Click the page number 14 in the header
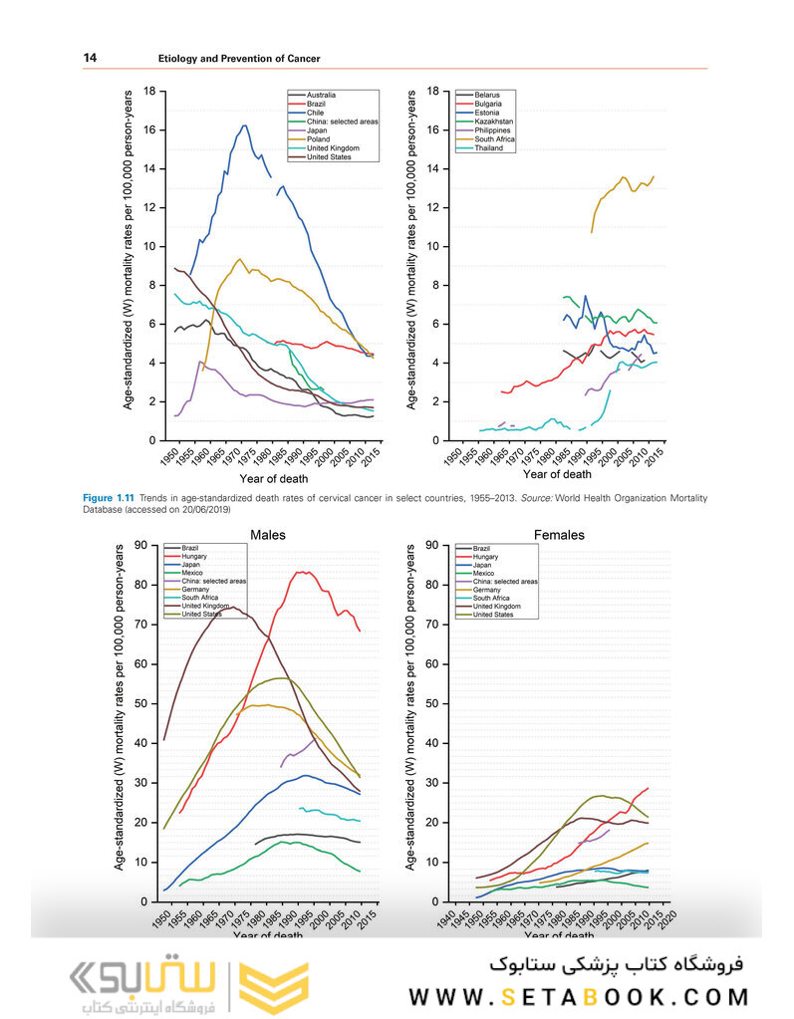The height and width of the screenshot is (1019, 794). [89, 59]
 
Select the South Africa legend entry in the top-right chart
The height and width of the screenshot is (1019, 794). [495, 139]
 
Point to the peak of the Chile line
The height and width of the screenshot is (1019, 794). [244, 126]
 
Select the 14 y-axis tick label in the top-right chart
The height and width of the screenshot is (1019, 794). [432, 169]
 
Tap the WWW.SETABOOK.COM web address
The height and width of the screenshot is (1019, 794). [578, 997]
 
